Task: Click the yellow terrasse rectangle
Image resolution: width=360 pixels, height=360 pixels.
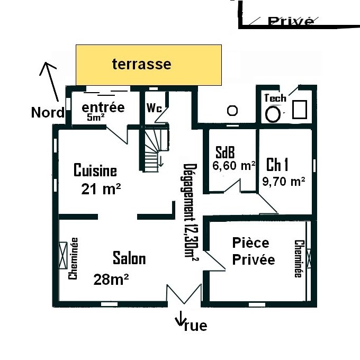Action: coord(149,65)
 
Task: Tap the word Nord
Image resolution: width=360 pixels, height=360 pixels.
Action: coord(48,112)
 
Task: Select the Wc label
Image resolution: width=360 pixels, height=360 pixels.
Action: coord(154,107)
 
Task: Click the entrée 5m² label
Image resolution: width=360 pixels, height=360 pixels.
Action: coord(103,111)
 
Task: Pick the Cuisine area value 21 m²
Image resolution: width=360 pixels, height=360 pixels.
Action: coord(101,189)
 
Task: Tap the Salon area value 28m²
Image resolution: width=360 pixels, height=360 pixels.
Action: coord(111,280)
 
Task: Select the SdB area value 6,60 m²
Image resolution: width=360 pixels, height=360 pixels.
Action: coord(233,166)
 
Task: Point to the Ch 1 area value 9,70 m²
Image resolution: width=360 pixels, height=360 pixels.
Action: coord(284,182)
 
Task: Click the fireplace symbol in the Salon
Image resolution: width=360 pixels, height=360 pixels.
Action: coord(63,255)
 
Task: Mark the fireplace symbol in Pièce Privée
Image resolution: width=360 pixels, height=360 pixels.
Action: coord(309,258)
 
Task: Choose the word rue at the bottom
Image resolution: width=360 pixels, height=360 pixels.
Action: coord(195,326)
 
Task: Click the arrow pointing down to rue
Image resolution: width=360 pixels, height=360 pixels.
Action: coord(180,318)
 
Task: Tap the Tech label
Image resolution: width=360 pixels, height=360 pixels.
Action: coord(275,98)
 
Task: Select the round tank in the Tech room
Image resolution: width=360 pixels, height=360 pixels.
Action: coord(273,114)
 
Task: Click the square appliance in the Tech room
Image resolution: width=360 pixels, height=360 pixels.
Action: coord(300,110)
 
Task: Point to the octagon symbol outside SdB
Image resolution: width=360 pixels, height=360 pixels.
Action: coord(232,111)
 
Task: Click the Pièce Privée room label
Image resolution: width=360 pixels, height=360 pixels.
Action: coord(254,251)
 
